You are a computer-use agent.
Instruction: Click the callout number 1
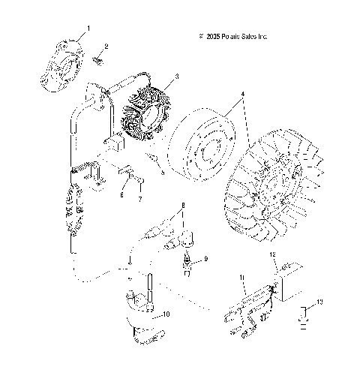pyautogui.click(x=88, y=27)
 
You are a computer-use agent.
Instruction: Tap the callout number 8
pyautogui.click(x=181, y=205)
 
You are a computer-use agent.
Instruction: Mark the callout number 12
pyautogui.click(x=274, y=256)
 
